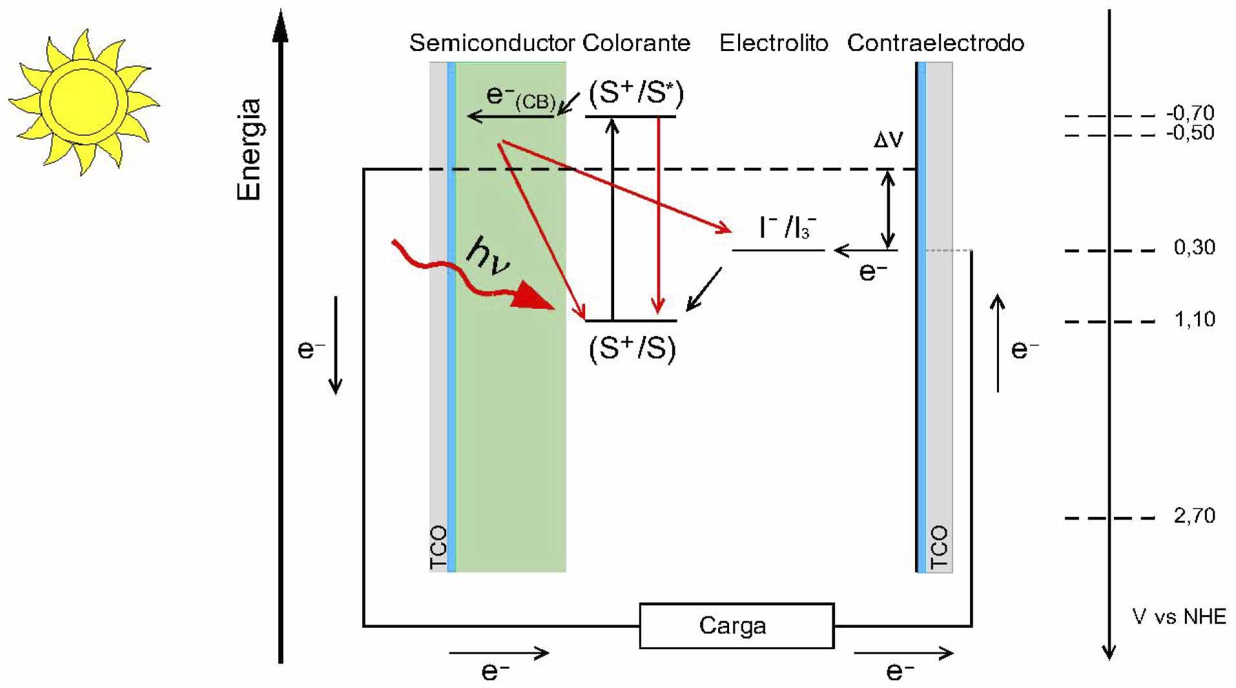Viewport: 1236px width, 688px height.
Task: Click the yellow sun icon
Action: pos(83,101)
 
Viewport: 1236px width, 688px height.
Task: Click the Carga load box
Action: pos(736,625)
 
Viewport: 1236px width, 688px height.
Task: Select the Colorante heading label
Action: pos(636,43)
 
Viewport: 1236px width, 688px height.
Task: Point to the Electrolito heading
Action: pos(773,43)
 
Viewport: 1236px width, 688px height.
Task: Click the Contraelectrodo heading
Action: pos(935,43)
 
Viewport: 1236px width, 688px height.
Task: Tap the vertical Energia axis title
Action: pos(249,149)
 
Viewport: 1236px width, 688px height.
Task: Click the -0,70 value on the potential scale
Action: pos(1190,113)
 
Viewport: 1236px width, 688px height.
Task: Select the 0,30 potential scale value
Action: pos(1194,247)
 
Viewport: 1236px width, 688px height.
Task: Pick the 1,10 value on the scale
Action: pos(1194,319)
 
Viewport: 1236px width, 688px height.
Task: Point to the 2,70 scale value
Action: pos(1194,516)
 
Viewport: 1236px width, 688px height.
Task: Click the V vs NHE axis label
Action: pos(1179,616)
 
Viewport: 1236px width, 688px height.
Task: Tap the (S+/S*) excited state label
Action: pos(635,94)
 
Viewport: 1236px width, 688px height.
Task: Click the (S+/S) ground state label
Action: pos(632,349)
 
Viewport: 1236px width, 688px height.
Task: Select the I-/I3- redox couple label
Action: pos(787,227)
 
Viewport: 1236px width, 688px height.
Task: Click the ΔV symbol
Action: pos(888,140)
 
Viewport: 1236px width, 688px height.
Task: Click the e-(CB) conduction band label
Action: pos(520,98)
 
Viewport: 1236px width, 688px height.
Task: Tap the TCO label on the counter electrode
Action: pos(940,548)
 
